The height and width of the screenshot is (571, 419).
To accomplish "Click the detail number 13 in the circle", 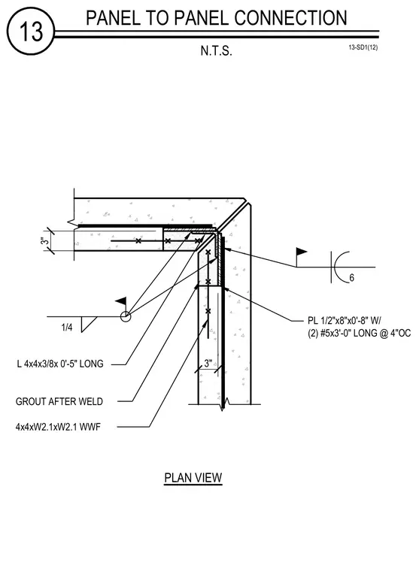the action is pyautogui.click(x=31, y=32).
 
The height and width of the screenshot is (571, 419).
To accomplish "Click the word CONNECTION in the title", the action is pyautogui.click(x=290, y=18).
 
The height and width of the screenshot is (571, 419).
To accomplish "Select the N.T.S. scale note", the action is pyautogui.click(x=216, y=50).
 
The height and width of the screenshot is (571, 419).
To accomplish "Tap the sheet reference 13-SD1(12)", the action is pyautogui.click(x=363, y=47).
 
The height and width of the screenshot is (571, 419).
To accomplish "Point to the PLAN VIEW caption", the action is pyautogui.click(x=193, y=477).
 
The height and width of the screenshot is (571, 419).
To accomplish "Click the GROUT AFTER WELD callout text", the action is pyautogui.click(x=59, y=401).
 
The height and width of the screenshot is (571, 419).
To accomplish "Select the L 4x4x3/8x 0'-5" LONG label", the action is pyautogui.click(x=60, y=364).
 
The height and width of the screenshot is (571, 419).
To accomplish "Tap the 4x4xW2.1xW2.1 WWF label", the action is pyautogui.click(x=58, y=427).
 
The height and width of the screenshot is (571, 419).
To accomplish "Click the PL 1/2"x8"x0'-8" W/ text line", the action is pyautogui.click(x=345, y=321).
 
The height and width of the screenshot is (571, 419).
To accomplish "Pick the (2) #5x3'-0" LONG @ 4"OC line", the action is pyautogui.click(x=359, y=333).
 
